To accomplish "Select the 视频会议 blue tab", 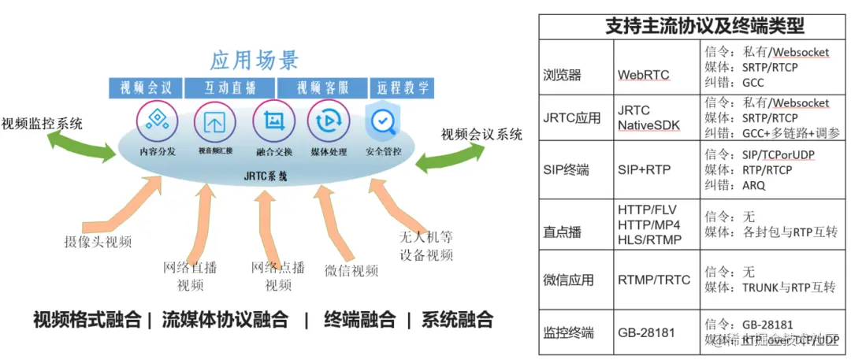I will pyautogui.click(x=146, y=87).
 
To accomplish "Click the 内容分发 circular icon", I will pyautogui.click(x=157, y=121).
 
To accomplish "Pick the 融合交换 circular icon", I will pyautogui.click(x=273, y=121).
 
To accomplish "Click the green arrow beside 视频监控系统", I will pyautogui.click(x=82, y=147).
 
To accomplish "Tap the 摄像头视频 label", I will pyautogui.click(x=98, y=241).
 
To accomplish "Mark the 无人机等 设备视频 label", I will pyautogui.click(x=425, y=246).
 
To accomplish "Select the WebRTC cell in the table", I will pyautogui.click(x=644, y=76).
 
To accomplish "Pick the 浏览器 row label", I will pyautogui.click(x=562, y=76).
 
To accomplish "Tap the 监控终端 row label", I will pyautogui.click(x=568, y=332).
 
